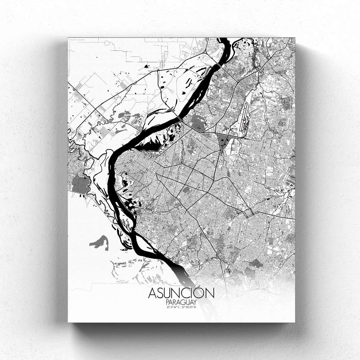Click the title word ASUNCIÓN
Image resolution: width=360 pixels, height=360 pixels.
(181, 293)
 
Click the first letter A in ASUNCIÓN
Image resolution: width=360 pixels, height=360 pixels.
(152, 293)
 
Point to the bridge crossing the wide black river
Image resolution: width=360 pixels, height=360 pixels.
(179, 117)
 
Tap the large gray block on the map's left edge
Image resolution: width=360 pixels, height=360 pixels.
(81, 184)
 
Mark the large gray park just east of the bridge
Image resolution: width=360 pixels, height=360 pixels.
(198, 124)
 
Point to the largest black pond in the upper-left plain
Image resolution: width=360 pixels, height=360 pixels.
(146, 66)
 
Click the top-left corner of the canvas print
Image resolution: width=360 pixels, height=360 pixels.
(68, 38)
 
